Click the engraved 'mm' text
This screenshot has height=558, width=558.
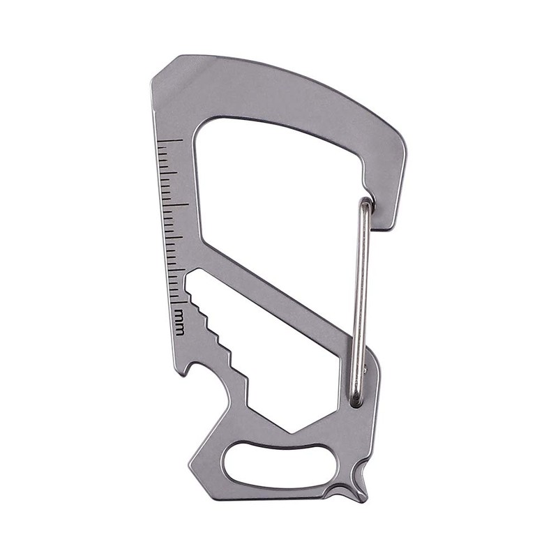[179, 322]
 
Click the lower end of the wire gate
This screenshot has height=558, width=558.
[356, 398]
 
